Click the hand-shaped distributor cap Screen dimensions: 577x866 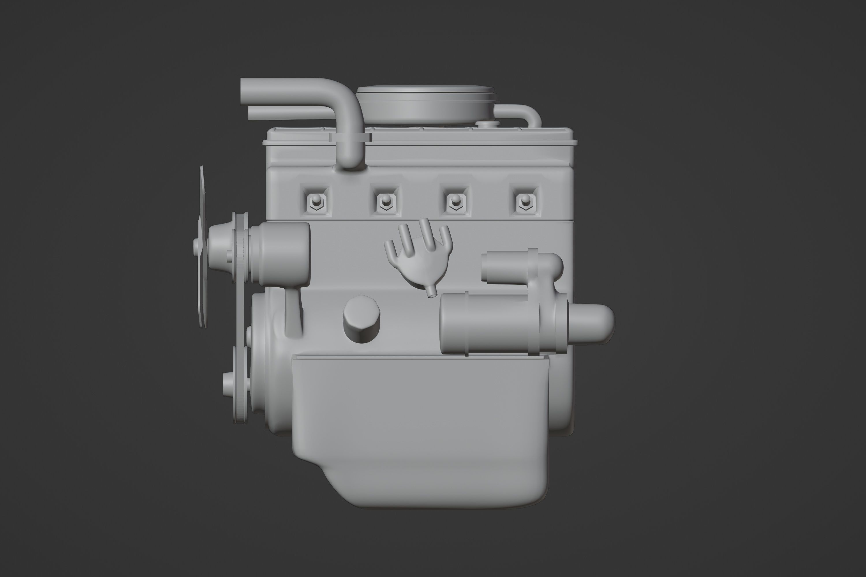418,254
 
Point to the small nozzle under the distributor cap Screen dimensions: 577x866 432,293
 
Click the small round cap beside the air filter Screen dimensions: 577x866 487,124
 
